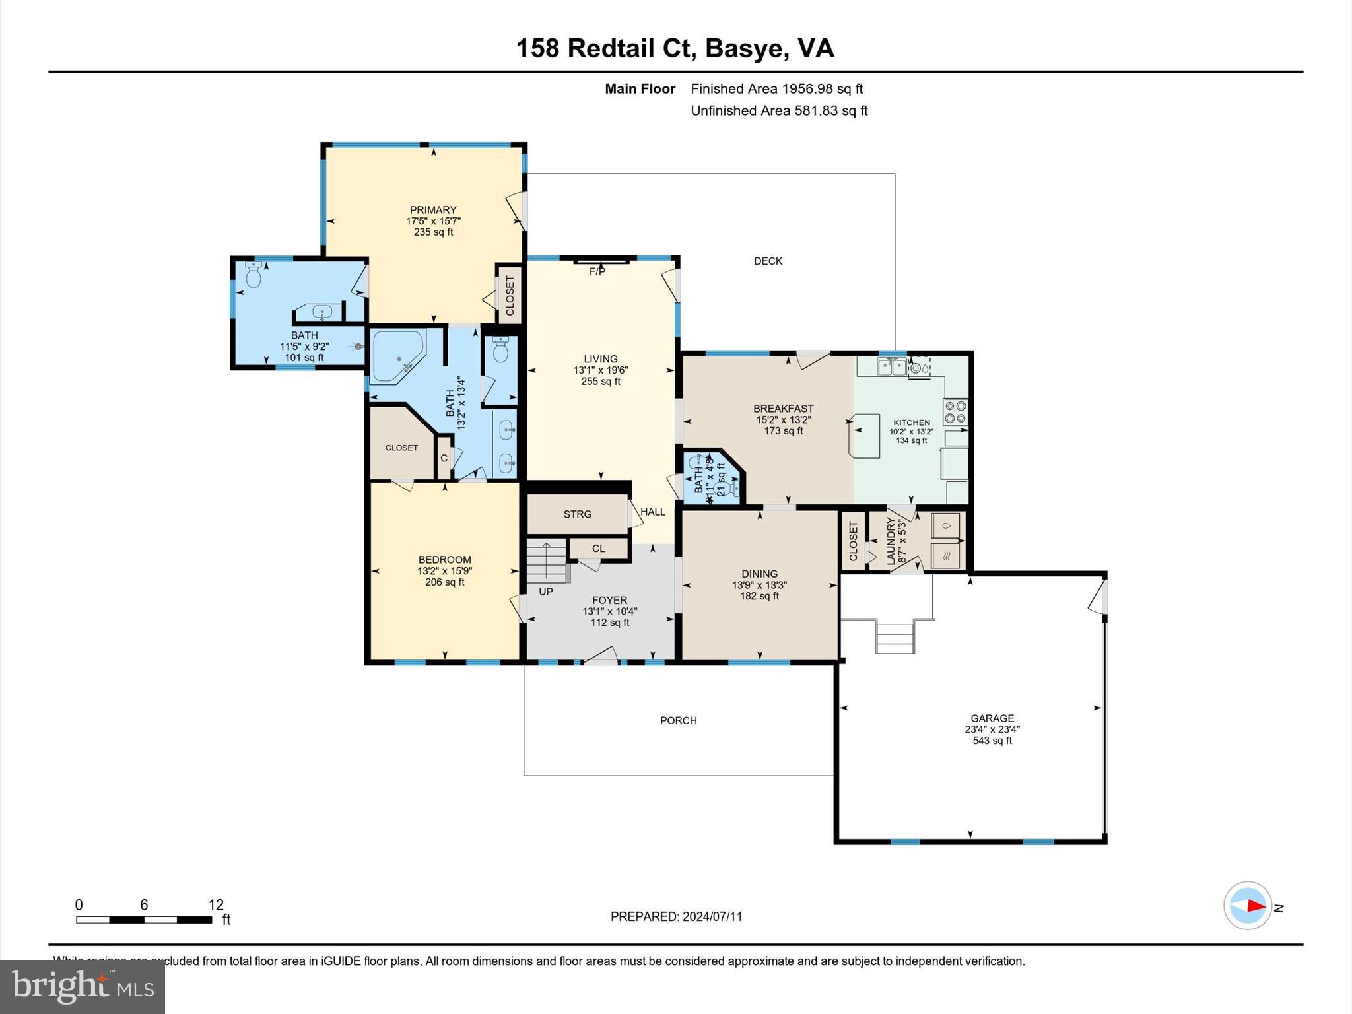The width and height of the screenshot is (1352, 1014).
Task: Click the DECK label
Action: click(x=768, y=261)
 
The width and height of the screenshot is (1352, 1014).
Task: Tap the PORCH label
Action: click(x=678, y=720)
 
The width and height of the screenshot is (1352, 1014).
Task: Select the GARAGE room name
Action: click(x=992, y=718)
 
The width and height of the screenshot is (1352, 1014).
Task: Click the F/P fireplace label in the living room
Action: click(x=597, y=271)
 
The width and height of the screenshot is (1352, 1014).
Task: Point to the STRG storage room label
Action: click(x=577, y=514)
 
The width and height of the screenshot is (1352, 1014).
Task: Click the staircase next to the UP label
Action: click(x=547, y=560)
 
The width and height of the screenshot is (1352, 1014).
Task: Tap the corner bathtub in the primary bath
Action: click(x=397, y=357)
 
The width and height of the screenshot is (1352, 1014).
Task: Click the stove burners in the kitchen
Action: click(x=955, y=412)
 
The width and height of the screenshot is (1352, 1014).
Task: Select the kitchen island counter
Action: click(x=865, y=435)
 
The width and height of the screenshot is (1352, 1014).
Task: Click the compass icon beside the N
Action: click(x=1247, y=906)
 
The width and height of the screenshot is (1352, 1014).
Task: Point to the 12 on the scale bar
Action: click(x=216, y=905)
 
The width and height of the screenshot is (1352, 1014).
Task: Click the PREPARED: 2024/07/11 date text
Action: click(x=676, y=916)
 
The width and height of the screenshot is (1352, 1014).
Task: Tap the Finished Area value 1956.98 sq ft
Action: click(x=822, y=89)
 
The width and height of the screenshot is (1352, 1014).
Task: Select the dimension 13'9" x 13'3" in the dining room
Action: click(x=759, y=585)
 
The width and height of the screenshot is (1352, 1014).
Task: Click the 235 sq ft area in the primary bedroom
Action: click(x=433, y=232)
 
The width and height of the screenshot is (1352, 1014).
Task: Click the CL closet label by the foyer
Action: click(x=598, y=549)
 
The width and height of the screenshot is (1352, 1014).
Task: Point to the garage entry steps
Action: click(x=895, y=637)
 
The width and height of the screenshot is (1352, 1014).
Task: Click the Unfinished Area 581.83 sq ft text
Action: click(x=779, y=111)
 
